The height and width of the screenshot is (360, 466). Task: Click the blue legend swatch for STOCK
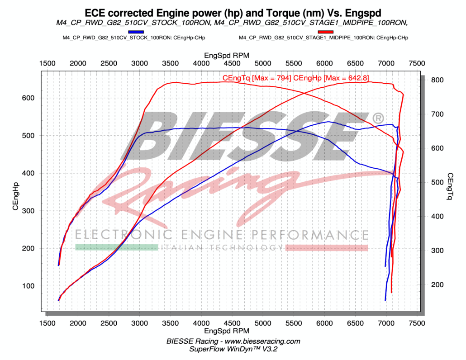(x=136, y=32)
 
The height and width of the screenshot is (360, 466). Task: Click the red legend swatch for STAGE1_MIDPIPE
(x=326, y=32)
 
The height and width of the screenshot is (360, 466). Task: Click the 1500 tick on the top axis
(x=47, y=63)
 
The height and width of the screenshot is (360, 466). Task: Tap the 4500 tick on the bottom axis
(x=232, y=323)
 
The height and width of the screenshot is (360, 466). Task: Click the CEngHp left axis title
(x=15, y=196)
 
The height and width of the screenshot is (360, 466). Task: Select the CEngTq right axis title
(x=450, y=186)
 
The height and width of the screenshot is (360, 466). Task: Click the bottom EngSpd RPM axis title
(x=232, y=332)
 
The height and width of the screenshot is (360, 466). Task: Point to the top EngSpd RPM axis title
(x=232, y=55)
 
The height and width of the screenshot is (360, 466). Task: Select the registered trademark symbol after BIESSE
(x=377, y=118)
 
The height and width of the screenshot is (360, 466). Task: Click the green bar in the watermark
(x=116, y=247)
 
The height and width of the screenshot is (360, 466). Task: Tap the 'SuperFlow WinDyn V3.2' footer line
(x=232, y=349)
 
